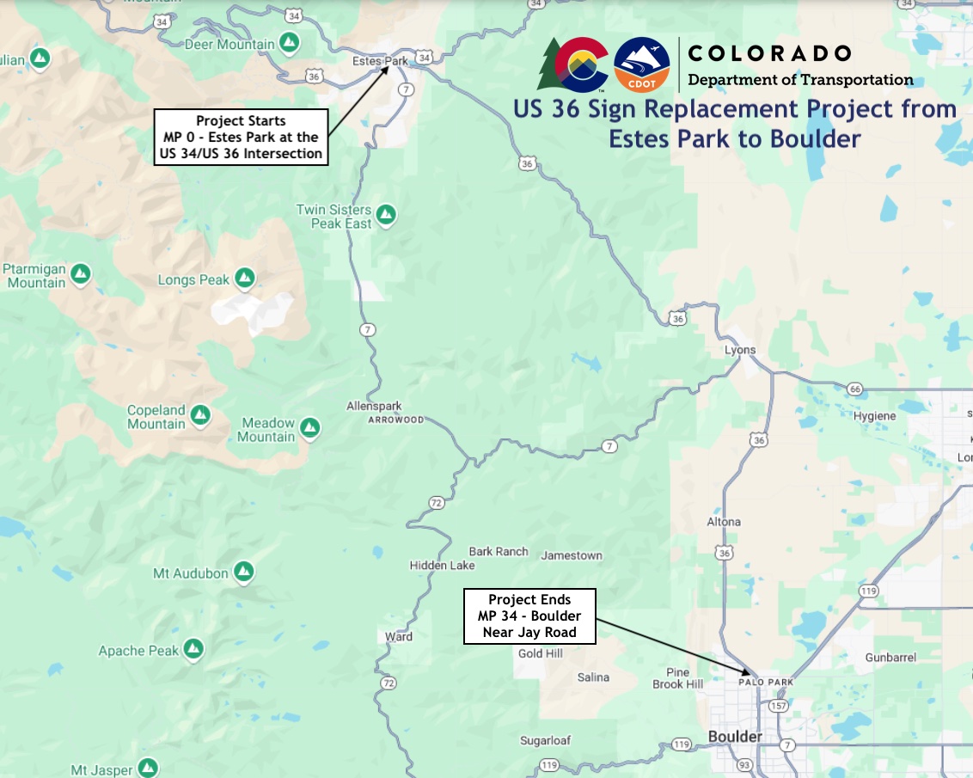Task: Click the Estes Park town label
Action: (380, 61)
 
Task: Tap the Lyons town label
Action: (740, 350)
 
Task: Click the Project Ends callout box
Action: (529, 616)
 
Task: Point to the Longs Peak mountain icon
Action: (245, 279)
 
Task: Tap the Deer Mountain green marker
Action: (291, 42)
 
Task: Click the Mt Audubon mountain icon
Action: (244, 572)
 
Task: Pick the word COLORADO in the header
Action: (769, 53)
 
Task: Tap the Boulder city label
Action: (735, 737)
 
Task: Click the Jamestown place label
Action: (572, 555)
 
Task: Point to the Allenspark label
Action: (374, 406)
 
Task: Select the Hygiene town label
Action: (874, 416)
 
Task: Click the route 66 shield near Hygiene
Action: (854, 389)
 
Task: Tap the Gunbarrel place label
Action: (891, 657)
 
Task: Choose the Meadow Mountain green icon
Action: (310, 427)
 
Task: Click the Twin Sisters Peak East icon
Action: (386, 214)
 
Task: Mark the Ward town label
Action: (399, 637)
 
